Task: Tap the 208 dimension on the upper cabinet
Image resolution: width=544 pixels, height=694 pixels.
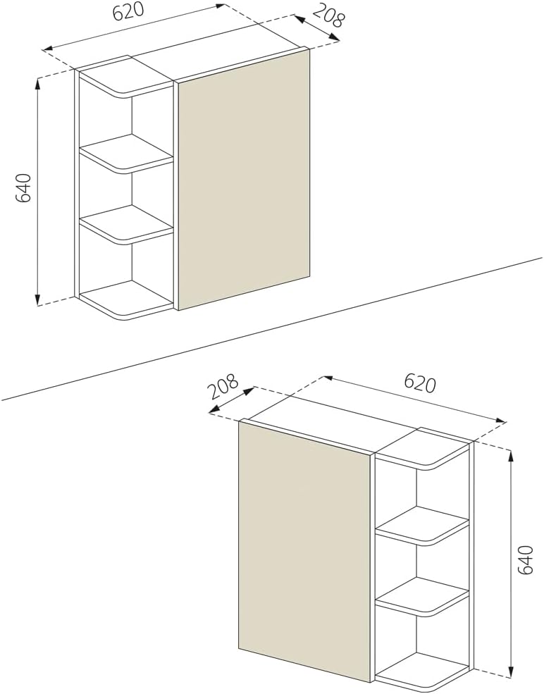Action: pos(327,16)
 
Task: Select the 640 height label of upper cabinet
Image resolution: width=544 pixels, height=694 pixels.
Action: pos(25,188)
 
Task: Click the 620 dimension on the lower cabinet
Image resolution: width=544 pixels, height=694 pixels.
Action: pos(420,383)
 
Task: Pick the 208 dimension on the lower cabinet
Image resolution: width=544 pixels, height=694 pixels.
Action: pos(225,387)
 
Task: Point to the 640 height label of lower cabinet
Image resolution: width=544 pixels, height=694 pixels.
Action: pos(525,560)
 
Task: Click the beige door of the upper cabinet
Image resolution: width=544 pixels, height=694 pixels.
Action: pos(244,180)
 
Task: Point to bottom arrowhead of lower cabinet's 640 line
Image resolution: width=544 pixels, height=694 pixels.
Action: pos(510,672)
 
